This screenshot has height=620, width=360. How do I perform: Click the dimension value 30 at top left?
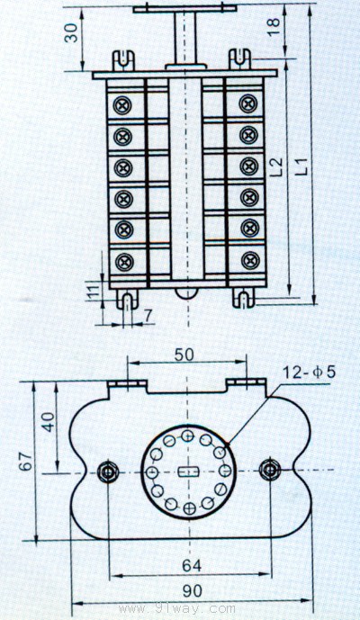pyautogui.click(x=72, y=32)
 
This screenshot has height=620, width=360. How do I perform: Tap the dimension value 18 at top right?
pyautogui.click(x=274, y=26)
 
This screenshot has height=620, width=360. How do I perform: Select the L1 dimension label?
pyautogui.click(x=302, y=166)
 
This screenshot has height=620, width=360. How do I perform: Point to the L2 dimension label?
pyautogui.click(x=278, y=166)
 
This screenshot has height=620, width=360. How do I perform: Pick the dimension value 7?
pyautogui.click(x=148, y=316)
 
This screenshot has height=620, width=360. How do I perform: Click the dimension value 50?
pyautogui.click(x=184, y=355)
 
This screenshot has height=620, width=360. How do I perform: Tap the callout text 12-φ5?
pyautogui.click(x=309, y=372)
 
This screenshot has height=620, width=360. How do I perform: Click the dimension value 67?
pyautogui.click(x=26, y=461)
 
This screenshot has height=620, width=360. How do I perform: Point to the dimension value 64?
pyautogui.click(x=192, y=566)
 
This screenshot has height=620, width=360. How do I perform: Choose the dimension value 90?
pyautogui.click(x=193, y=591)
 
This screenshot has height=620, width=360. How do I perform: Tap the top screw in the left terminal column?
pyautogui.click(x=122, y=105)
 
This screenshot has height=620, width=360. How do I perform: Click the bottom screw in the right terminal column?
pyautogui.click(x=250, y=261)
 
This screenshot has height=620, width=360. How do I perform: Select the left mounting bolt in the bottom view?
pyautogui.click(x=108, y=471)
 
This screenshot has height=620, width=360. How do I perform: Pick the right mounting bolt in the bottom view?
pyautogui.click(x=270, y=470)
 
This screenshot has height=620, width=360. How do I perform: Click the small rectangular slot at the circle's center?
pyautogui.click(x=188, y=471)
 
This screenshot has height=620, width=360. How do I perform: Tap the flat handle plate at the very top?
pyautogui.click(x=184, y=8)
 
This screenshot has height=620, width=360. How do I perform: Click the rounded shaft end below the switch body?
pyautogui.click(x=186, y=293)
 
